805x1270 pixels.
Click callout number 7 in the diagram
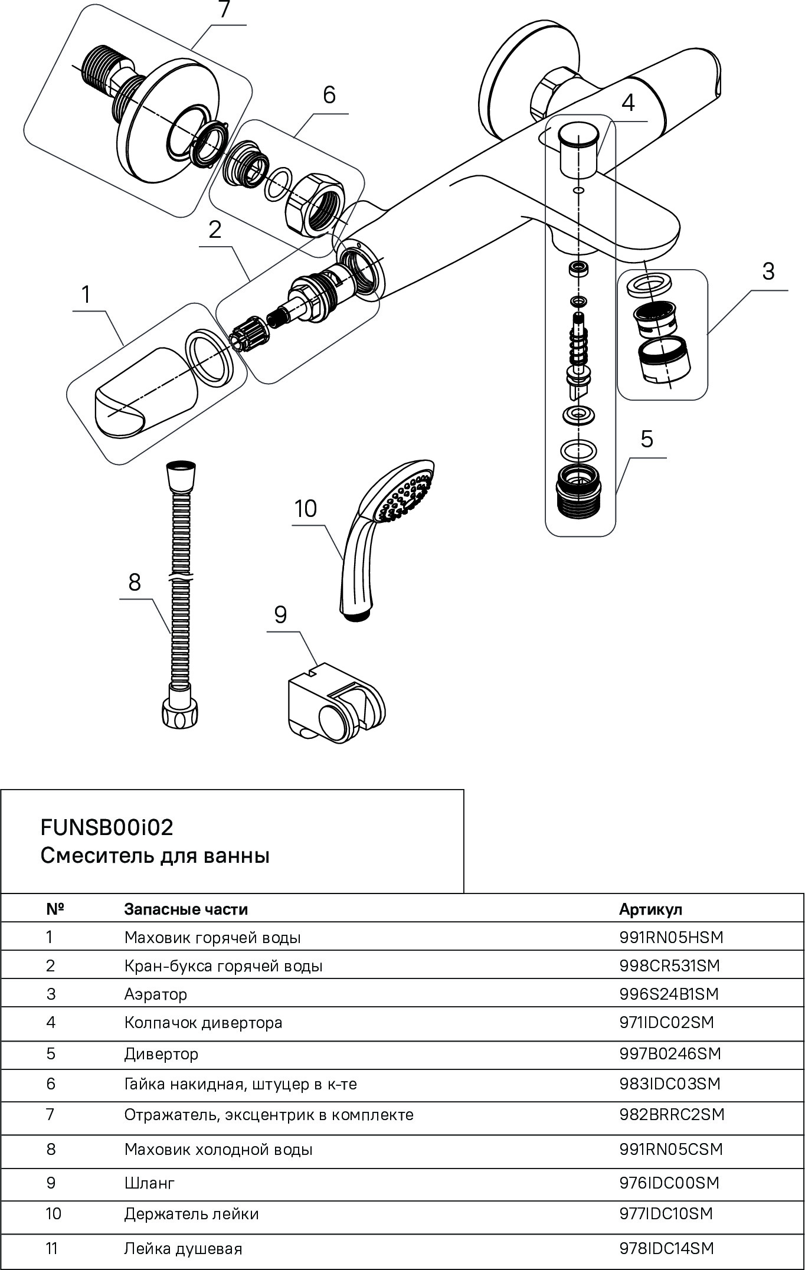click(x=224, y=11)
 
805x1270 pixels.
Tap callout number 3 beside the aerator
click(x=767, y=272)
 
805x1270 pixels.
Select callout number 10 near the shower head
click(x=306, y=509)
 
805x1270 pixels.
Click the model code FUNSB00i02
click(x=107, y=828)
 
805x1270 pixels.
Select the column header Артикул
click(x=650, y=909)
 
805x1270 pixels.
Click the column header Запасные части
click(x=186, y=909)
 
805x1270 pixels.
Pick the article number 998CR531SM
click(x=670, y=966)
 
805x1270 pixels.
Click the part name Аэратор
click(x=156, y=994)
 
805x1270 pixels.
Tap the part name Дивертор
click(x=161, y=1053)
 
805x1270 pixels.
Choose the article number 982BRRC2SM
click(x=672, y=1115)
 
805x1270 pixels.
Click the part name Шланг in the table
click(x=149, y=1183)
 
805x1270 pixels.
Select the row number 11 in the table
click(x=51, y=1249)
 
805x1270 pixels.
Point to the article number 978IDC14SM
click(x=666, y=1249)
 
